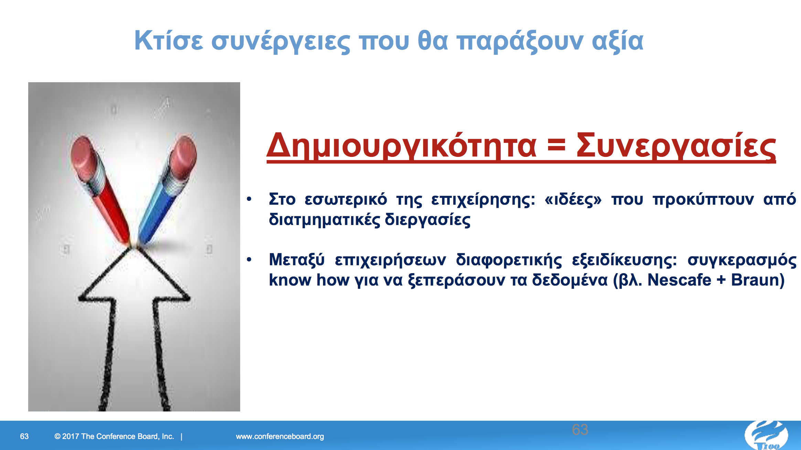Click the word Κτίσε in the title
pyautogui.click(x=168, y=41)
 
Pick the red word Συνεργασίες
pyautogui.click(x=676, y=146)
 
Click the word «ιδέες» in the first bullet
pyautogui.click(x=573, y=200)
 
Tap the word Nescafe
pyautogui.click(x=679, y=280)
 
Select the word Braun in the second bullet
pyautogui.click(x=755, y=280)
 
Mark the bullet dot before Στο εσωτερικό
pyautogui.click(x=249, y=199)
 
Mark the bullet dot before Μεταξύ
pyautogui.click(x=249, y=260)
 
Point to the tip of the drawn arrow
pyautogui.click(x=133, y=247)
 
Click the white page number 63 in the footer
pyautogui.click(x=24, y=436)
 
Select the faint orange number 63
pyautogui.click(x=580, y=430)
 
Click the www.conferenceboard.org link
pyautogui.click(x=280, y=436)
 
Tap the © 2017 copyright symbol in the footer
pyautogui.click(x=57, y=436)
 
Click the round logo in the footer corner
pyautogui.click(x=767, y=436)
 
